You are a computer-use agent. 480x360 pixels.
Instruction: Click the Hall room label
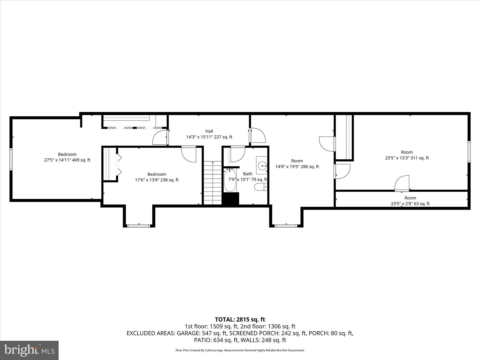click(x=209, y=131)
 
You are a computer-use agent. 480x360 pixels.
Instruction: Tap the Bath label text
click(x=248, y=174)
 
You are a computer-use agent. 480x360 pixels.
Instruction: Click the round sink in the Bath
click(x=262, y=166)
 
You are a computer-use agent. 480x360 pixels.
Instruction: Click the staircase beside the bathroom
click(x=213, y=183)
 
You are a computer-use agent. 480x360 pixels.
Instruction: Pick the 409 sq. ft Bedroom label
click(x=67, y=157)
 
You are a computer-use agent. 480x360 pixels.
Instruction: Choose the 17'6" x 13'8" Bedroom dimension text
click(x=157, y=180)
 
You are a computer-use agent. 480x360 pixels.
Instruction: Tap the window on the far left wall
click(x=11, y=159)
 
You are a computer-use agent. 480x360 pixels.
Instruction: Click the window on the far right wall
click(x=469, y=152)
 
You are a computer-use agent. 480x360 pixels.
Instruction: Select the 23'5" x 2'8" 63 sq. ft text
click(x=410, y=204)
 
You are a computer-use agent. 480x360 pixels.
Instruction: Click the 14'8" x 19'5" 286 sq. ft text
click(x=297, y=167)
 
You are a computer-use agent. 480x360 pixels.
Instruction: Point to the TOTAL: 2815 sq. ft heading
click(x=240, y=320)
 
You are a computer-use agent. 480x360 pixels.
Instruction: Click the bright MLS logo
click(x=29, y=350)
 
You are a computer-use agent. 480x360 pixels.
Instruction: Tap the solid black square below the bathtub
click(x=230, y=198)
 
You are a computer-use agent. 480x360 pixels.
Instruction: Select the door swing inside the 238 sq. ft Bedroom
click(x=189, y=154)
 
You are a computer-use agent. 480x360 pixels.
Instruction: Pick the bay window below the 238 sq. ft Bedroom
click(x=139, y=226)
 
